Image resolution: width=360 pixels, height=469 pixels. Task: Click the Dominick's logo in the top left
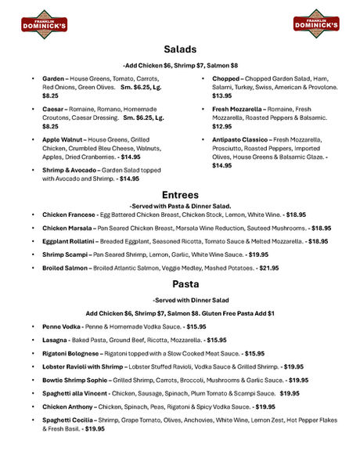click(x=44, y=23)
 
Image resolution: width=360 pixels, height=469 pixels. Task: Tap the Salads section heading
click(x=180, y=49)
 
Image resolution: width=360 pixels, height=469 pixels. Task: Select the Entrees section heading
click(x=180, y=194)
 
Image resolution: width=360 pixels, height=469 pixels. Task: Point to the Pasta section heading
click(x=180, y=283)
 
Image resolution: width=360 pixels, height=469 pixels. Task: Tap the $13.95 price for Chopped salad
click(x=222, y=96)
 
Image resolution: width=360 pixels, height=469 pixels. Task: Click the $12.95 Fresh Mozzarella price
click(x=222, y=126)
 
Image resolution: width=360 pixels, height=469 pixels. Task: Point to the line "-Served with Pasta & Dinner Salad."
click(x=180, y=204)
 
